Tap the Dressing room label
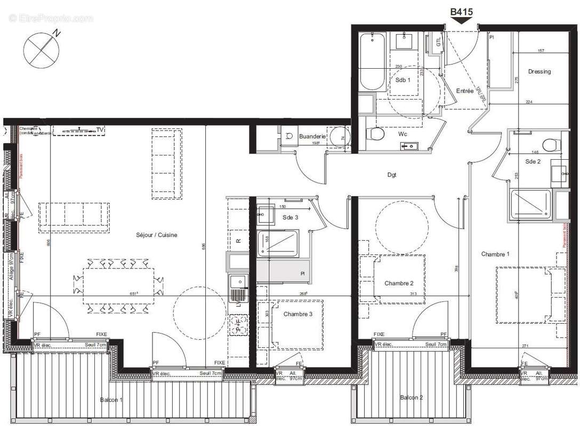(539, 72)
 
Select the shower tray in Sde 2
(531, 204)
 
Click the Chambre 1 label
(495, 255)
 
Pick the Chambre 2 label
(399, 283)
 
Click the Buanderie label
(312, 136)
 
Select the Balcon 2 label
(412, 397)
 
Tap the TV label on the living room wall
(100, 129)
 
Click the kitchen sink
(238, 281)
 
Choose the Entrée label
(464, 91)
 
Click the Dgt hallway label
(392, 175)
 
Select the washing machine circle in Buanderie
(338, 138)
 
